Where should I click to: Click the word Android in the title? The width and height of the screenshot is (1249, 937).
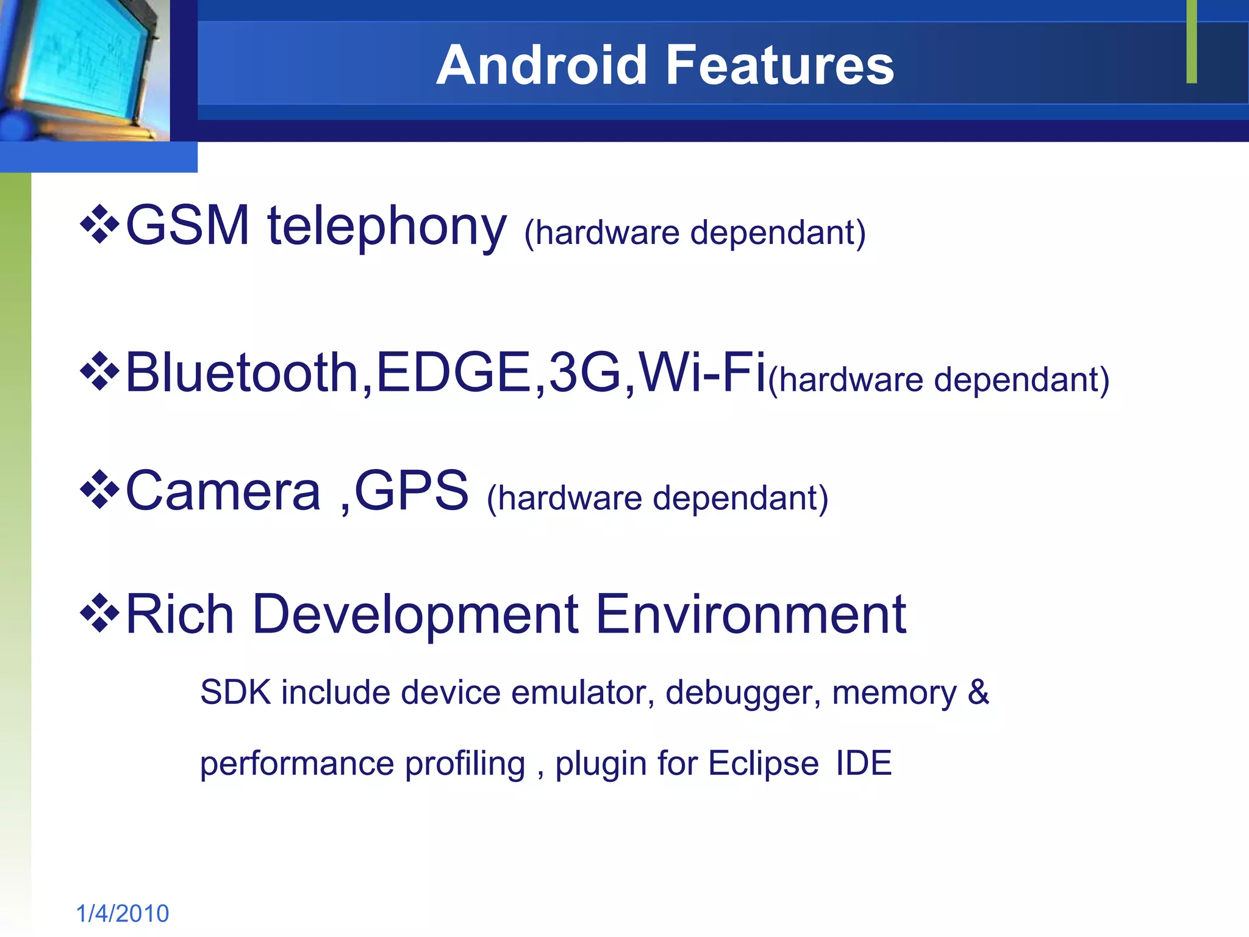click(x=541, y=65)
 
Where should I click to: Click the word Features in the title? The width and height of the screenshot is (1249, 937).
click(x=780, y=65)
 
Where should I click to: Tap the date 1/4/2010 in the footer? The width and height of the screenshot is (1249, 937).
click(x=123, y=913)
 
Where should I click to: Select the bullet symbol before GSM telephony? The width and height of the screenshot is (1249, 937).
click(x=99, y=226)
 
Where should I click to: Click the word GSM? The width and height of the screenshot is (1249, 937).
click(x=187, y=226)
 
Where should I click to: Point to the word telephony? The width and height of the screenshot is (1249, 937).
click(x=387, y=227)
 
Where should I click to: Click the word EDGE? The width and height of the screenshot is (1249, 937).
click(x=454, y=372)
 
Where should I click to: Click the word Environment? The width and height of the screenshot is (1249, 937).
click(x=751, y=614)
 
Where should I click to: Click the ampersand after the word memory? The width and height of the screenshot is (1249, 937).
click(x=978, y=692)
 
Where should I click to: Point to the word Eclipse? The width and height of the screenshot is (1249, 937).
click(x=763, y=764)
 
